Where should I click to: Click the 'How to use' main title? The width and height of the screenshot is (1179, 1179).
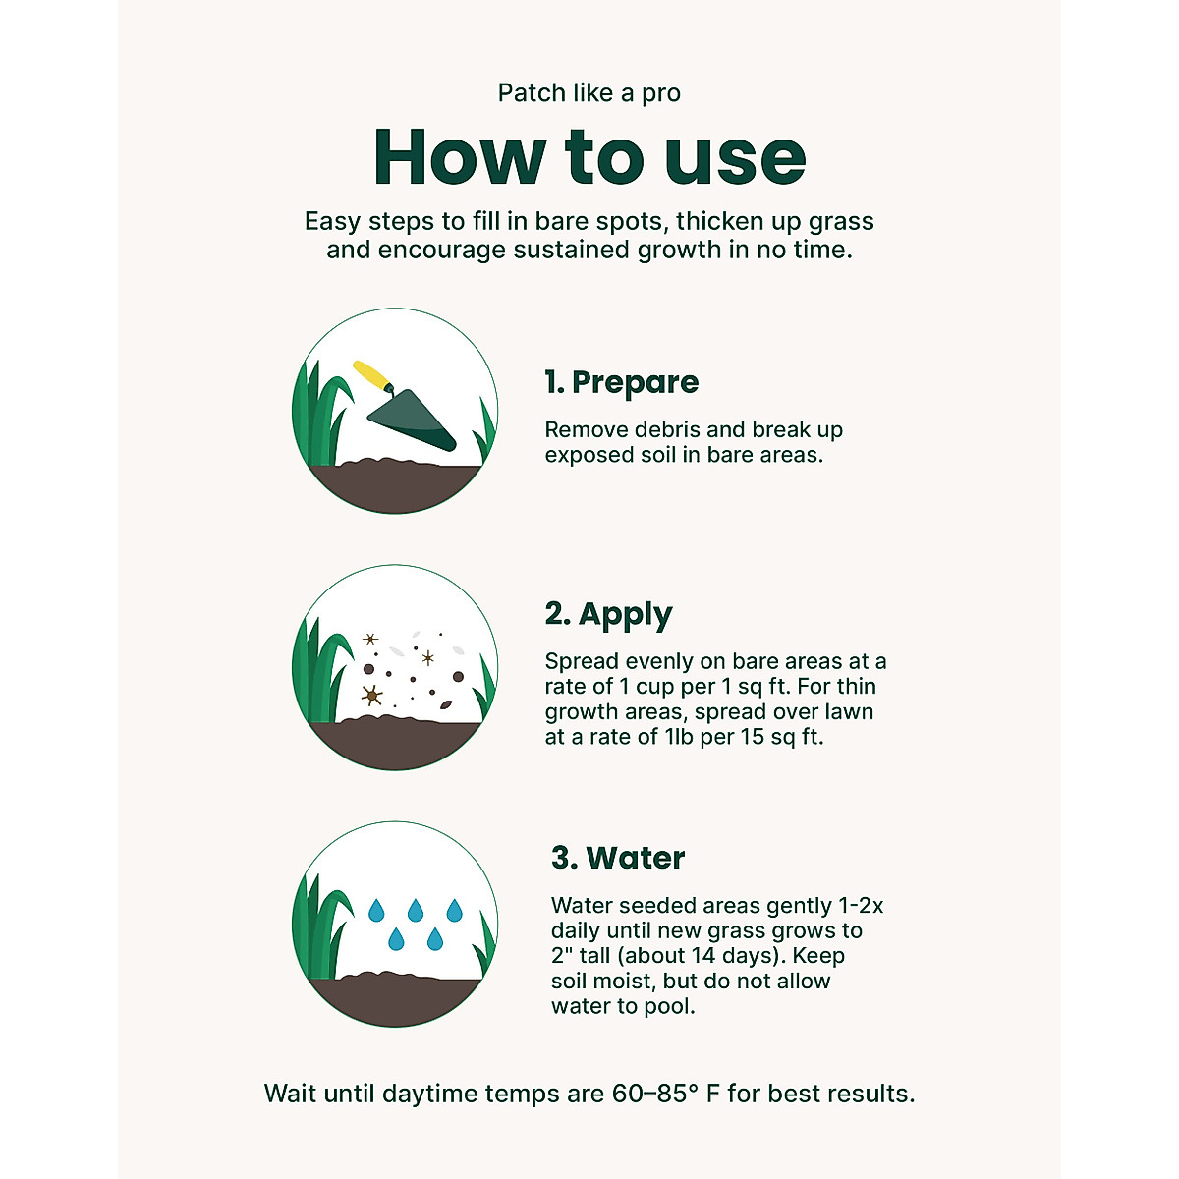click(x=589, y=157)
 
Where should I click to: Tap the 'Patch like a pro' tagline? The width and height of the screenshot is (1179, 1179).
click(x=589, y=93)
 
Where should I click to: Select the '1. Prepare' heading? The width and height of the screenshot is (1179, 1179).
click(x=622, y=382)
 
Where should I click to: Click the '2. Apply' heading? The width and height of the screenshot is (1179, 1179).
click(x=609, y=615)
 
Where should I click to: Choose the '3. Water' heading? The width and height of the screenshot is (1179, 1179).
click(x=618, y=858)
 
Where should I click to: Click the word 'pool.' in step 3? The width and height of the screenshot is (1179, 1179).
click(x=669, y=1006)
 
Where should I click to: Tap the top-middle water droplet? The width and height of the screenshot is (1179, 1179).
click(x=416, y=910)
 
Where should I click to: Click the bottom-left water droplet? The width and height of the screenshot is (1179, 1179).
click(x=396, y=939)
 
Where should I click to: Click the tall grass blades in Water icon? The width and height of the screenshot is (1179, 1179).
click(x=320, y=924)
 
